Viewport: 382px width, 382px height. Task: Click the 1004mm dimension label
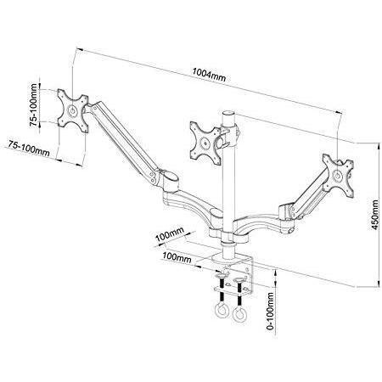point(209,75)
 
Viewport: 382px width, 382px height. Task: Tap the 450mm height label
point(374,215)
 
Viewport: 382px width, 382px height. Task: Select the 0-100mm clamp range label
point(271,312)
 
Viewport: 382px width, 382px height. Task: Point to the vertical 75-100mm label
point(34,105)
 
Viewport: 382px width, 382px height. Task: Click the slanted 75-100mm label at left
point(29,148)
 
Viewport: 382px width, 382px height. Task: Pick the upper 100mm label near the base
point(170,233)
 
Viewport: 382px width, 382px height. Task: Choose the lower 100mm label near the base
point(177,257)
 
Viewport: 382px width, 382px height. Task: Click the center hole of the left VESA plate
point(72,110)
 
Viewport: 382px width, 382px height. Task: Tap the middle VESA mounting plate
point(205,143)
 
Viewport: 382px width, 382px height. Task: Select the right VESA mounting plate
point(338,175)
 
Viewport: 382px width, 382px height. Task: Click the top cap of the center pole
point(228,113)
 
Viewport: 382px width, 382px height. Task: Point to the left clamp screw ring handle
point(222,312)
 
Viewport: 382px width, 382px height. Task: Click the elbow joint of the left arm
point(169,181)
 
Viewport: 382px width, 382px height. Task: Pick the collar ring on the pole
point(228,243)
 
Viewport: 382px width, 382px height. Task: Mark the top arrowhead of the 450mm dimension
point(379,147)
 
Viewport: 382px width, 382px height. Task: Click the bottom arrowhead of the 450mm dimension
point(379,284)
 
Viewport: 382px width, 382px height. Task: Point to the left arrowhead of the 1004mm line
point(80,50)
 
